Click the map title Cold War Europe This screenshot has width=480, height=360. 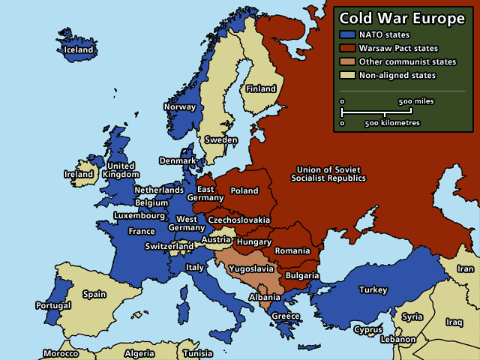403,19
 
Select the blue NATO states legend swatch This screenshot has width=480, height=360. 348,34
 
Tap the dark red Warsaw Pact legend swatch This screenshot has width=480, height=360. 348,48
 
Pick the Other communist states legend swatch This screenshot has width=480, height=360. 348,61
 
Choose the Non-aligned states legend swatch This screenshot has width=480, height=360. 348,75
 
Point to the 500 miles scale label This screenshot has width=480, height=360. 416,100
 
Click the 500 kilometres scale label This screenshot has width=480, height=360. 392,122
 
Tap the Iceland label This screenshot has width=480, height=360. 78,50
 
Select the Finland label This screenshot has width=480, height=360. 261,88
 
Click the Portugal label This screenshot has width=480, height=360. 53,305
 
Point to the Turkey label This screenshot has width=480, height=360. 373,289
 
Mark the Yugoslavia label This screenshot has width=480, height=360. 251,266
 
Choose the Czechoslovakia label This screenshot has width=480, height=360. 239,220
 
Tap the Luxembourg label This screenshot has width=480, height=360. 139,215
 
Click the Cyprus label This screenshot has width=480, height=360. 368,329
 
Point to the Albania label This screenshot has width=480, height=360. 264,297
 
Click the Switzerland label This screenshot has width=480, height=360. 169,246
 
